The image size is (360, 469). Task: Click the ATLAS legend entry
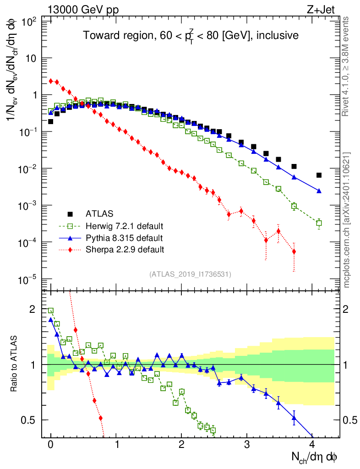(99, 214)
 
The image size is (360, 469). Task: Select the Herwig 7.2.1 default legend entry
(124, 226)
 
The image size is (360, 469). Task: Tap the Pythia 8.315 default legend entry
(124, 238)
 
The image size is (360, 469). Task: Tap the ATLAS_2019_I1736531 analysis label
(190, 274)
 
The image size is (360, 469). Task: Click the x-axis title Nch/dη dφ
(315, 456)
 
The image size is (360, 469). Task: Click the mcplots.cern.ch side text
(347, 220)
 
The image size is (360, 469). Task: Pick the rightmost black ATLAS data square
(319, 175)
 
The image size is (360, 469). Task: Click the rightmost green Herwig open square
(319, 223)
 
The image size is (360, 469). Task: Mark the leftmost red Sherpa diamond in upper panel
(51, 81)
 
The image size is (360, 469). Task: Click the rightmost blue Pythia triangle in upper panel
(319, 191)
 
